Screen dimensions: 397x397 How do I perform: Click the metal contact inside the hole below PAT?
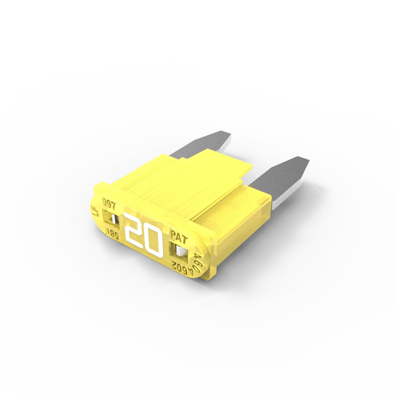(x=182, y=252)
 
